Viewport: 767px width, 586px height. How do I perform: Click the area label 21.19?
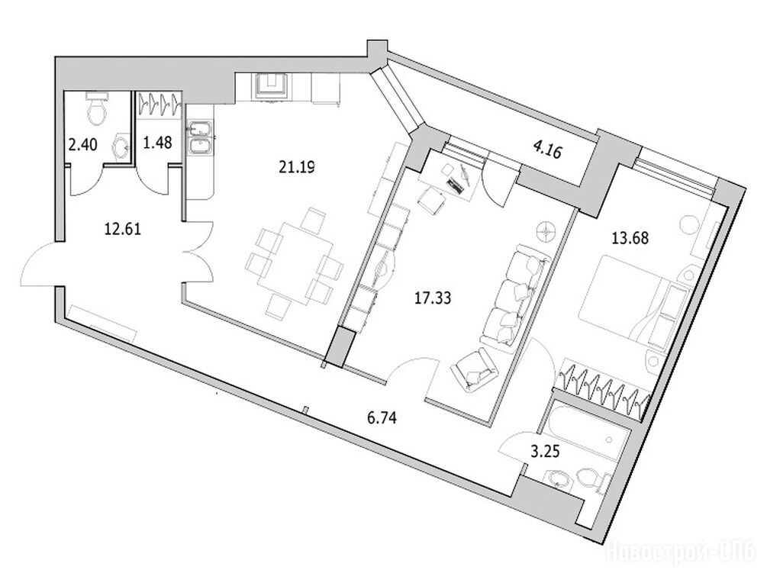pyautogui.click(x=296, y=167)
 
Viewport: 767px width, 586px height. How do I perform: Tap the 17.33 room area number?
pyautogui.click(x=433, y=298)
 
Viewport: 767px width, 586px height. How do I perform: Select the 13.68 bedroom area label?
pyautogui.click(x=630, y=238)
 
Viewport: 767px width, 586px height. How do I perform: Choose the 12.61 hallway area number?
pyautogui.click(x=123, y=228)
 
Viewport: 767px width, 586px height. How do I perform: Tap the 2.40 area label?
pyautogui.click(x=82, y=144)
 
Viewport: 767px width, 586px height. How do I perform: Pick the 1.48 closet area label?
pyautogui.click(x=157, y=143)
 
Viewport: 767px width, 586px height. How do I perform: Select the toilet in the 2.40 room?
pyautogui.click(x=96, y=108)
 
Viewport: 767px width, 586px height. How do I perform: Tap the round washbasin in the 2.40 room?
pyautogui.click(x=121, y=145)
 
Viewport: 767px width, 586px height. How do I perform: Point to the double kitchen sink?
pyautogui.click(x=199, y=139)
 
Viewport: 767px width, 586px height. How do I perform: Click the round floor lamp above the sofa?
pyautogui.click(x=546, y=230)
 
